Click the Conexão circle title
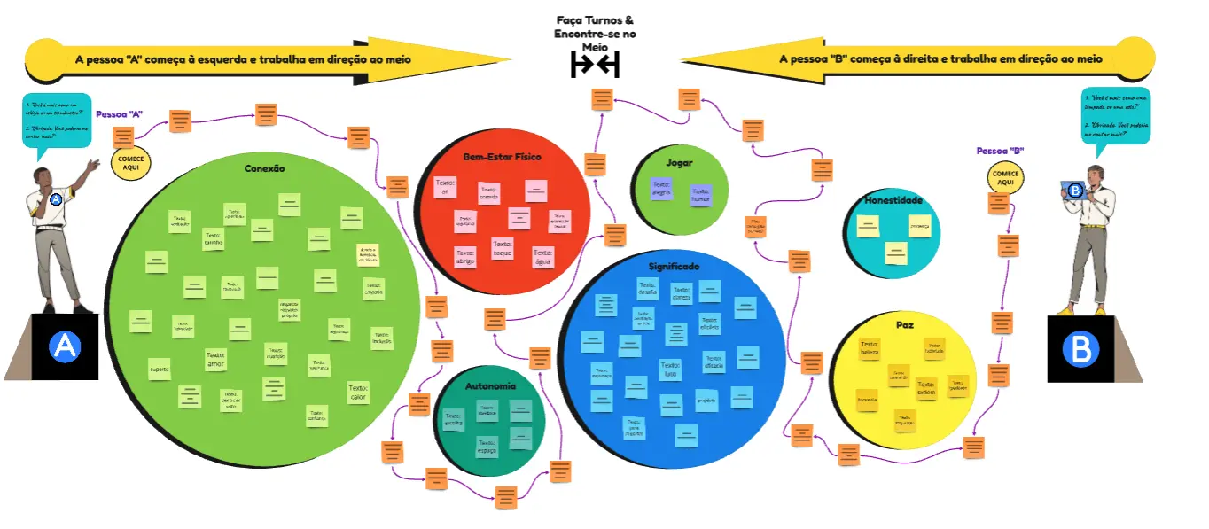coord(264,167)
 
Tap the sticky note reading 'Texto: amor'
coord(215,359)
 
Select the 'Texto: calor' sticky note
coord(358,392)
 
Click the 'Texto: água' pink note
coord(543,257)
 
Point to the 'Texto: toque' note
coord(503,248)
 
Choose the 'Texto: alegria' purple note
coord(661,188)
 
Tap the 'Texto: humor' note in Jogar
coord(701,195)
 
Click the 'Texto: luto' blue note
coord(670,370)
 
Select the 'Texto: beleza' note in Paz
coord(870,349)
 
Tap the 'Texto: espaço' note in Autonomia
coord(487,446)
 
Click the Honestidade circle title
coord(893,200)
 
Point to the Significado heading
coord(674,266)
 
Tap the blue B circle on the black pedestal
coord(1080,349)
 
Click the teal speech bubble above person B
coord(1116,115)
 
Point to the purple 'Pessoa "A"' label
coord(119,114)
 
